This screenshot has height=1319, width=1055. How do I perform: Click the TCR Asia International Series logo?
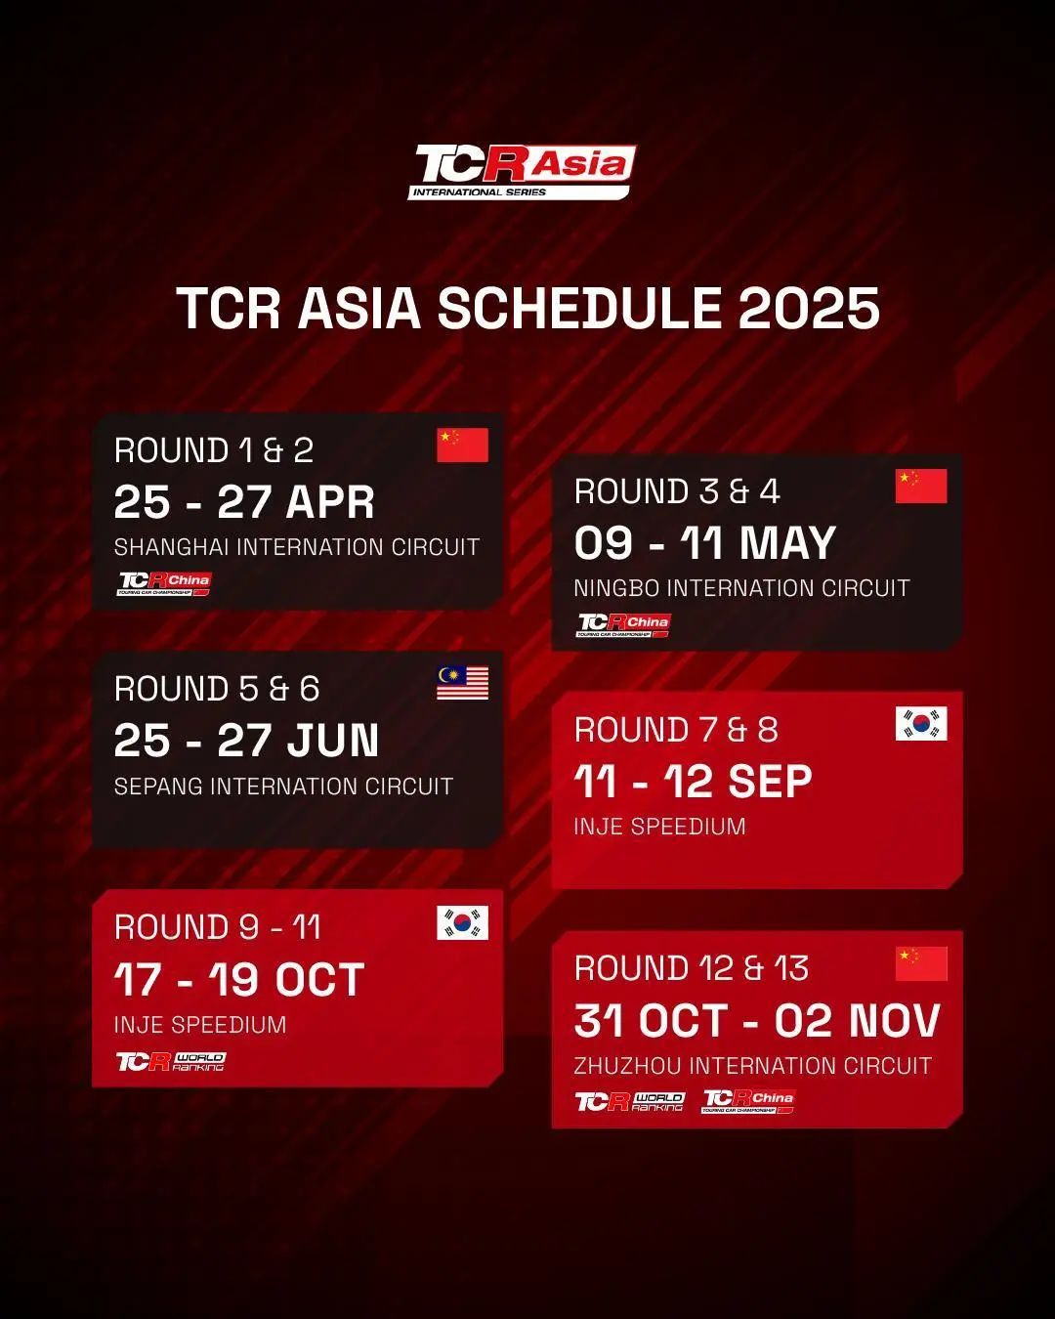tap(522, 172)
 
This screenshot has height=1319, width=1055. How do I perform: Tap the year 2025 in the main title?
tap(809, 308)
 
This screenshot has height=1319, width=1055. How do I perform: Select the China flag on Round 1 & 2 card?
tap(462, 445)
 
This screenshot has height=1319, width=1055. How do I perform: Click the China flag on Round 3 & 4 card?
tap(921, 486)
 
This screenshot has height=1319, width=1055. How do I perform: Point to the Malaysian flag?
tap(462, 683)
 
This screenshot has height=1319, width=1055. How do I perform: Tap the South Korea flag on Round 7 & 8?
tap(921, 723)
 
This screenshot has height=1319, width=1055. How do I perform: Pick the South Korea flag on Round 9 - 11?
tap(462, 922)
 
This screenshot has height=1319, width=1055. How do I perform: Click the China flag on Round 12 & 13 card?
tap(921, 963)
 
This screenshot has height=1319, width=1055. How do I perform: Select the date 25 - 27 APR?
tap(244, 502)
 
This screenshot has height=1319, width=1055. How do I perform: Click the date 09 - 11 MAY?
tap(705, 543)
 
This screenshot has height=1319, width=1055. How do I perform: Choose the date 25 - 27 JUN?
tap(246, 740)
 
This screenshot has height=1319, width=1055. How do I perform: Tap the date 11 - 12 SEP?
tap(693, 782)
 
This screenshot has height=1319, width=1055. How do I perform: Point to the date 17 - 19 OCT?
tap(239, 979)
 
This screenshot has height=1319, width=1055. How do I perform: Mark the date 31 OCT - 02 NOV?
tap(757, 1020)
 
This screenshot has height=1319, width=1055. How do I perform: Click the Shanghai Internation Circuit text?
tap(297, 547)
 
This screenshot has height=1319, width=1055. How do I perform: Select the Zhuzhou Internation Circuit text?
tap(753, 1066)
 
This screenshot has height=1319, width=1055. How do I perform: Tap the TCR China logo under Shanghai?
tap(164, 583)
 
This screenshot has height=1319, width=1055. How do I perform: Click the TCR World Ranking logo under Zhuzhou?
tap(629, 1101)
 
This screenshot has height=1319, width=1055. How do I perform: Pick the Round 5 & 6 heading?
tap(217, 688)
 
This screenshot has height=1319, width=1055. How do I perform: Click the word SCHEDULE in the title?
tap(579, 308)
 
